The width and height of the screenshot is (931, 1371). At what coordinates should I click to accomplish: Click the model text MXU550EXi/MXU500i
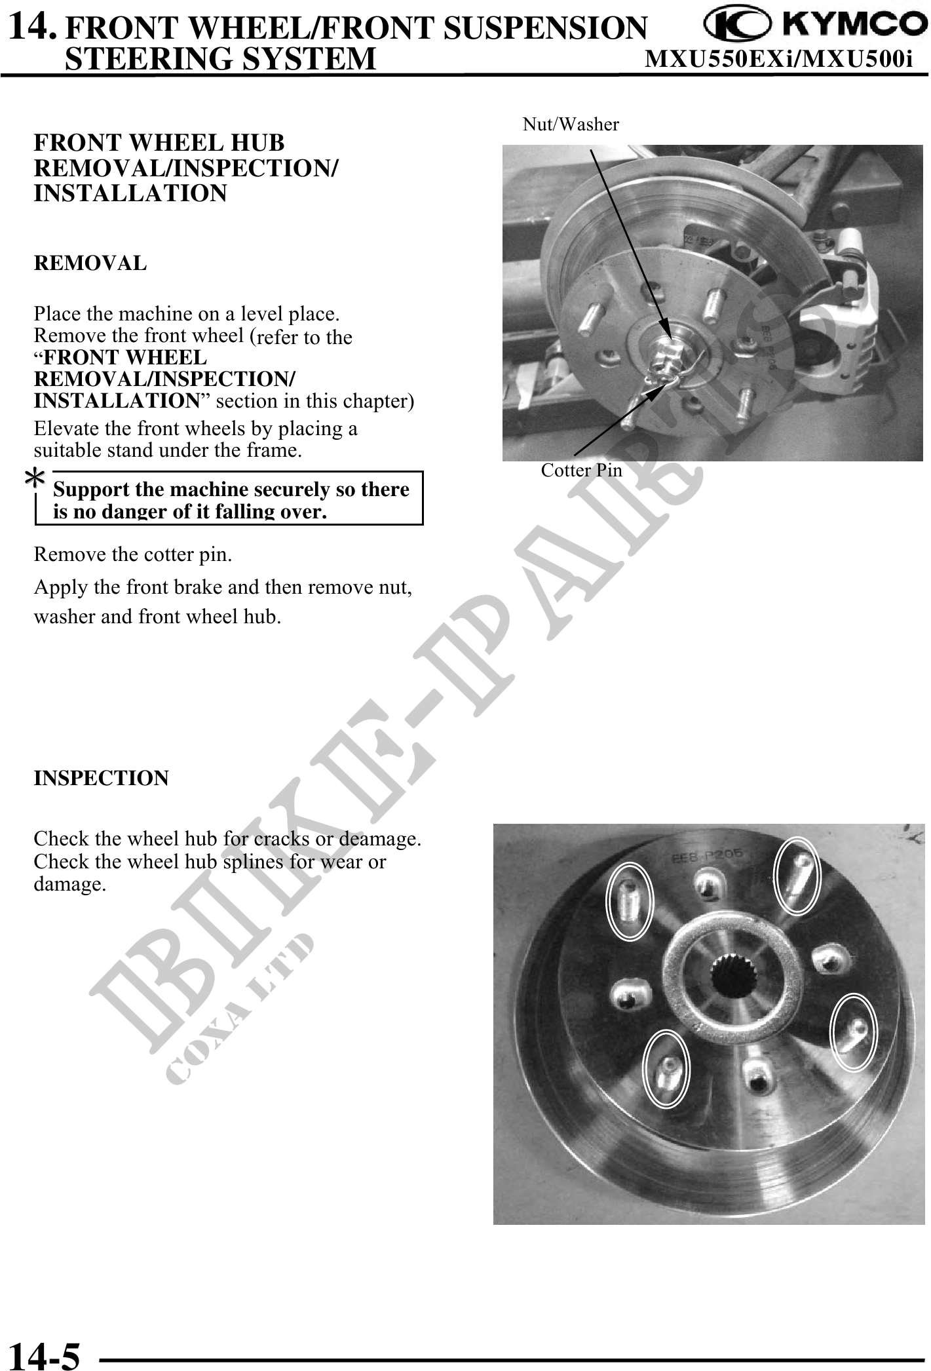779,60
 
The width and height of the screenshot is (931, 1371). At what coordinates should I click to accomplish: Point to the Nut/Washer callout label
571,124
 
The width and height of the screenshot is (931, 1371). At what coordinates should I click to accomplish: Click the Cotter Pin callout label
581,470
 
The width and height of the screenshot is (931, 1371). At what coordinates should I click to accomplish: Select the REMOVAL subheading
90,263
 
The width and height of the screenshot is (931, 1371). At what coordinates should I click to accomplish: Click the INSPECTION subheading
102,778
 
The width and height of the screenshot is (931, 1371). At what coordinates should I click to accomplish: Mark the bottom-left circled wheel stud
666,1068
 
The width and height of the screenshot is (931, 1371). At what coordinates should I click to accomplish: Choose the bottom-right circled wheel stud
854,1032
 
